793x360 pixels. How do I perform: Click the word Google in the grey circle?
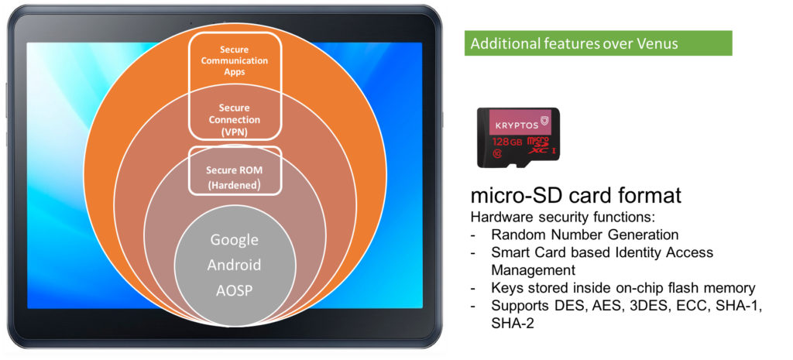click(x=234, y=239)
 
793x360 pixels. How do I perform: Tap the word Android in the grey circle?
click(x=234, y=265)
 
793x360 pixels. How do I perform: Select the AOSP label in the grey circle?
click(x=234, y=291)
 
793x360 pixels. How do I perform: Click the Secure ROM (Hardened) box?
click(x=234, y=170)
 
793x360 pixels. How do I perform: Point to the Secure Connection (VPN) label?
click(x=234, y=120)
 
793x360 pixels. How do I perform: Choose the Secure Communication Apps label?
click(x=234, y=60)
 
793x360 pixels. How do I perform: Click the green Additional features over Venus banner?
click(x=599, y=43)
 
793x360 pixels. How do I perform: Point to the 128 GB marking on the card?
click(x=506, y=142)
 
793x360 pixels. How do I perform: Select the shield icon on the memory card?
click(x=544, y=122)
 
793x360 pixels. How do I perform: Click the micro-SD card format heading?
click(x=575, y=195)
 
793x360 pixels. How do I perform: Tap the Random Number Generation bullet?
click(x=585, y=235)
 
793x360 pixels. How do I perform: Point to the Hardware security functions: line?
click(x=563, y=218)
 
